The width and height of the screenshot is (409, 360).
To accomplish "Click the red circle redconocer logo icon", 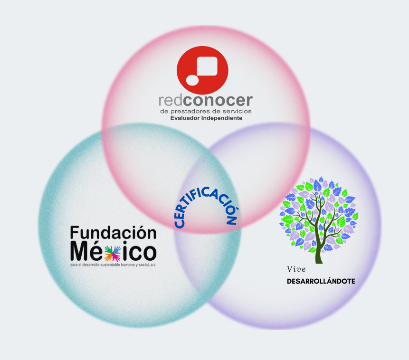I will pyautogui.click(x=202, y=70).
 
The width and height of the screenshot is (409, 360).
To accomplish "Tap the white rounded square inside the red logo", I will pyautogui.click(x=207, y=67).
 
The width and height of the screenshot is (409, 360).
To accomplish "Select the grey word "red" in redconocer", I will pyautogui.click(x=171, y=101).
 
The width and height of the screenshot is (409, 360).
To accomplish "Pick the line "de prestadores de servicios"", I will pyautogui.click(x=206, y=111).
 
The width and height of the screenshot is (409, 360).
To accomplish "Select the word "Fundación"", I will pyautogui.click(x=113, y=234).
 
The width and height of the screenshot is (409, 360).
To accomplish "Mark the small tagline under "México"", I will pyautogui.click(x=113, y=265).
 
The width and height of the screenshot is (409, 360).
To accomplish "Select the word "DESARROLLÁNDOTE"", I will pyautogui.click(x=321, y=281).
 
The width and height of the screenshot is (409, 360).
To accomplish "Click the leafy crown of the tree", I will pyautogui.click(x=319, y=209).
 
